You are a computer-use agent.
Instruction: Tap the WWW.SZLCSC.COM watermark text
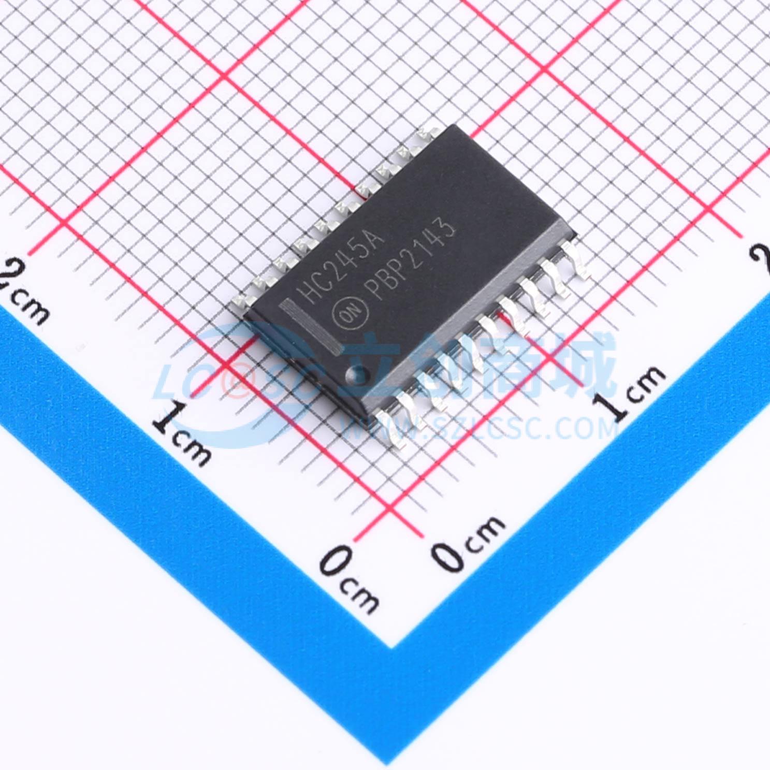pos(479,428)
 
